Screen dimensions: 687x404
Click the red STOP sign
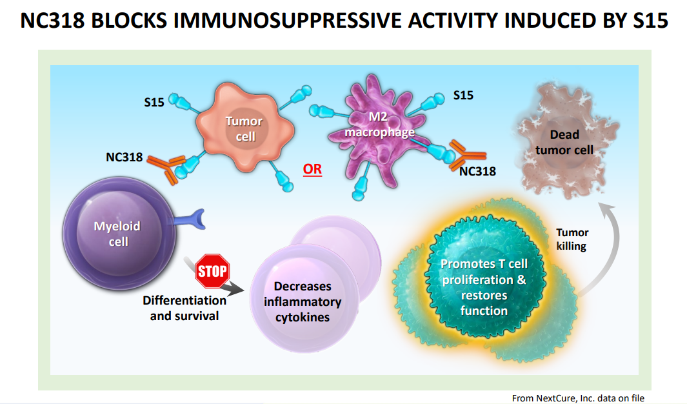coord(212,271)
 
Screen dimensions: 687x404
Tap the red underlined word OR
coord(312,169)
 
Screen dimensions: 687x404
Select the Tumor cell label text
coord(244,129)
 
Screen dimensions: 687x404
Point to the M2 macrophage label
coord(379,125)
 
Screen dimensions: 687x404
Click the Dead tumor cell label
coord(564,143)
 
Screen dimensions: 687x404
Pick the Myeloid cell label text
coord(117,234)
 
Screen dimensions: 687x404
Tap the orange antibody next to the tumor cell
coord(165,168)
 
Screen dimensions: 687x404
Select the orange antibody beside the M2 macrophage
coord(468,155)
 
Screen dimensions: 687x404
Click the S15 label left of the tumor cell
coord(154,103)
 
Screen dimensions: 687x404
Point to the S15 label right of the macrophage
coord(463,96)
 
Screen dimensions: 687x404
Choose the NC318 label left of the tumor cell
coord(124,157)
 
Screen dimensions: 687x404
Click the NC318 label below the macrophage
coord(477,171)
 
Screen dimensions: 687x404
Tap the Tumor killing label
coord(572,239)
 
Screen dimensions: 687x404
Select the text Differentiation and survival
coord(184,308)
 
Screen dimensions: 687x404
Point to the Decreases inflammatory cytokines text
coord(303,302)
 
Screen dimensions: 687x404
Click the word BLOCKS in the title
coord(129,21)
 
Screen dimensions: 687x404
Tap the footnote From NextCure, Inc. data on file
coord(579,398)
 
